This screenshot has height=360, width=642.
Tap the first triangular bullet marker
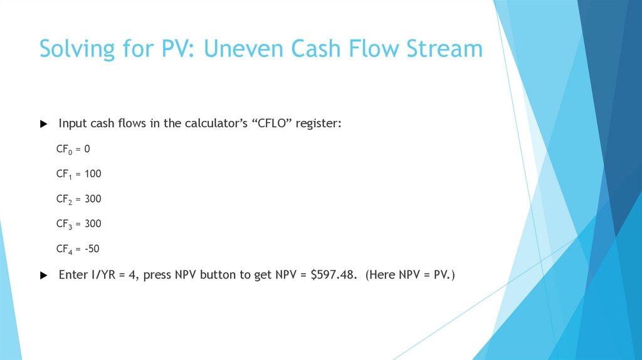[x=43, y=124]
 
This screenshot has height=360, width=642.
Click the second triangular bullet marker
[x=43, y=275]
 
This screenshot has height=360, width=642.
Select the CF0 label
[x=64, y=149]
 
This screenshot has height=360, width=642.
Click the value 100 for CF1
[x=92, y=174]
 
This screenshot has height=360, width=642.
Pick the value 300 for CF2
[x=93, y=199]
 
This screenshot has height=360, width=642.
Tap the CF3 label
[x=65, y=224]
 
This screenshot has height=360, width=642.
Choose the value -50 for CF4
[x=92, y=249]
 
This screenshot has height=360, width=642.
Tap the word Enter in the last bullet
[x=73, y=275]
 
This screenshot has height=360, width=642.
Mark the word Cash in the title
[x=307, y=49]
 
